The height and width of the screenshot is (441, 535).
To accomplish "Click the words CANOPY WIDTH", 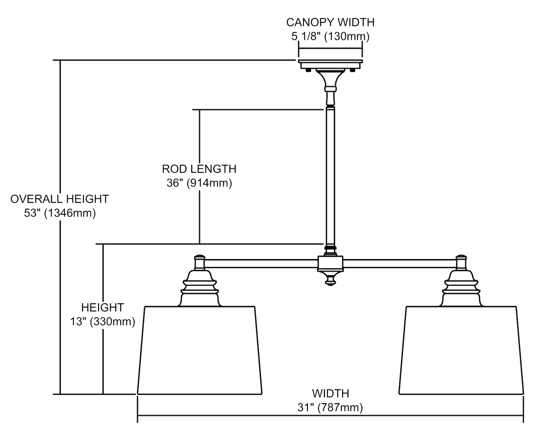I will (330, 22).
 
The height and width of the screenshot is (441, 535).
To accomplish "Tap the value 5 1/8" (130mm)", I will (330, 36).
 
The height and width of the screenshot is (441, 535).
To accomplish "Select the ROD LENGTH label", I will (199, 169).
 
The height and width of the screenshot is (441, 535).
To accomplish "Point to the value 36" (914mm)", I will (199, 183).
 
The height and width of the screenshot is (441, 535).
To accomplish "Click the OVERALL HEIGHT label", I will (59, 199).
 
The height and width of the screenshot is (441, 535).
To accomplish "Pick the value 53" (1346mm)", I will (60, 213).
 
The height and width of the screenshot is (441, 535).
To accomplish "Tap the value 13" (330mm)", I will (102, 322).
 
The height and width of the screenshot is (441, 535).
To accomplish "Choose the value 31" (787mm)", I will (330, 407).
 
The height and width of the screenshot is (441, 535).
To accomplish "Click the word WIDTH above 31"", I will (330, 393).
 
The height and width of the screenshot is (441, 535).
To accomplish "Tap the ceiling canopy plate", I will (330, 65).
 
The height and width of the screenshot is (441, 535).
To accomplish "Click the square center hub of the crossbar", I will (330, 263).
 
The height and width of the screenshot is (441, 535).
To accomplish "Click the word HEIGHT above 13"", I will (102, 307).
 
